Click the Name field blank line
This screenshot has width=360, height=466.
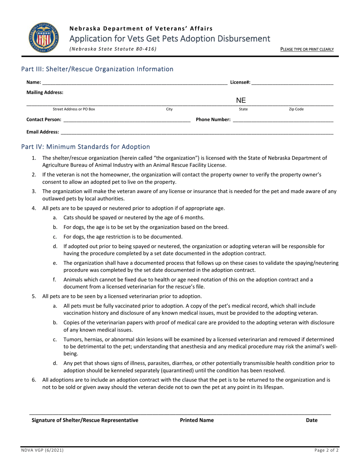tap(135, 83)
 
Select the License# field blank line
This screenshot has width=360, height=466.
tap(292, 83)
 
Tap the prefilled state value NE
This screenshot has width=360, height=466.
tap(241, 100)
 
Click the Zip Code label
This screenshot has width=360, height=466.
tap(296, 109)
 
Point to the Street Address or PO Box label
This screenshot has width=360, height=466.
tap(74, 109)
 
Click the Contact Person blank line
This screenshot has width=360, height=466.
tap(127, 120)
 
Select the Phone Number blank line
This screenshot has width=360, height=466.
tap(283, 120)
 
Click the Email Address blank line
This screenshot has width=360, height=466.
tap(197, 132)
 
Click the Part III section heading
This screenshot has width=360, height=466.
tap(97, 69)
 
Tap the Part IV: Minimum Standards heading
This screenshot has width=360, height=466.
tap(86, 147)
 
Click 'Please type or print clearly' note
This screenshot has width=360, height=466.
tap(307, 49)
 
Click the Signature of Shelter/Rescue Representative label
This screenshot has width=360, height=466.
tap(85, 420)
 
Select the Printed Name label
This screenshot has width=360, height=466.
tap(197, 420)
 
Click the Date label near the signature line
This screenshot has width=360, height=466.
tap(311, 420)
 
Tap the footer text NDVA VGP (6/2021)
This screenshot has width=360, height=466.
tap(42, 450)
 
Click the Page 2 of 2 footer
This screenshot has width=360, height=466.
tap(326, 450)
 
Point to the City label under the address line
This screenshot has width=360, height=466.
tap(169, 109)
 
